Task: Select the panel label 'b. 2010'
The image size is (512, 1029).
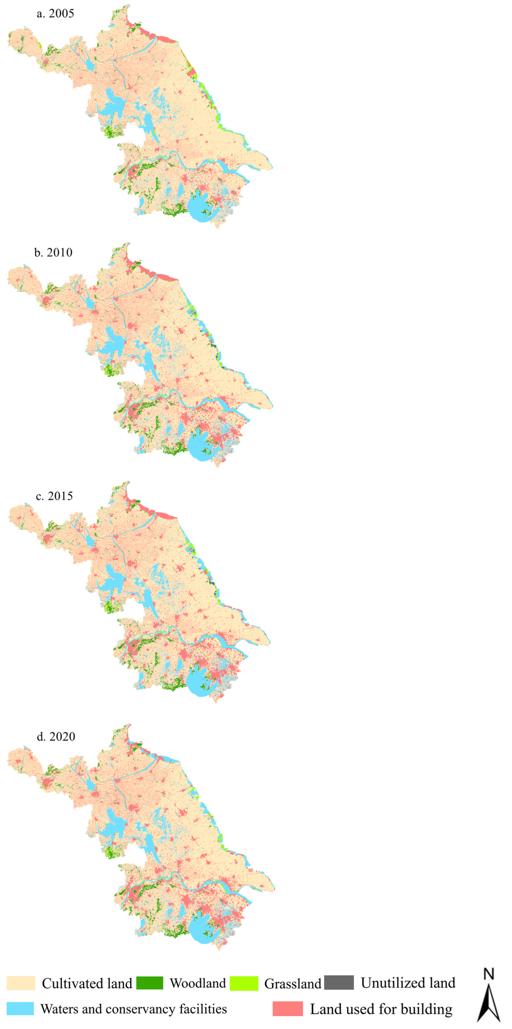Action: [53, 253]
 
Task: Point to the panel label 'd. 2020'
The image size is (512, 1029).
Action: [56, 737]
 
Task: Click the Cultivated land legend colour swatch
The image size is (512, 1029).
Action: [21, 983]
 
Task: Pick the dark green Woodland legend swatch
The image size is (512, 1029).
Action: [150, 983]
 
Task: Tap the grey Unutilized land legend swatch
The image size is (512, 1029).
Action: [339, 982]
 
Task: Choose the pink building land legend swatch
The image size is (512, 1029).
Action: [287, 1009]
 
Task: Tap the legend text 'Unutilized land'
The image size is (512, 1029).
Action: [408, 983]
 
